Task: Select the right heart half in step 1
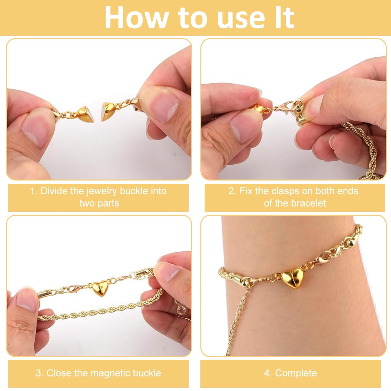(x=109, y=111)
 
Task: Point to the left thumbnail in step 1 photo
(x=36, y=130)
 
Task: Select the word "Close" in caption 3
(x=59, y=373)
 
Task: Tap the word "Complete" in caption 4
(x=296, y=373)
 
